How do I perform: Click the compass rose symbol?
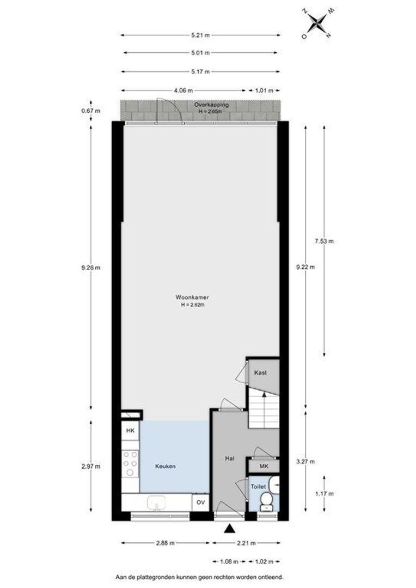coord(317,23)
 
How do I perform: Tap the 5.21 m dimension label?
coord(200,35)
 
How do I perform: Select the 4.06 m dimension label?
coord(183,90)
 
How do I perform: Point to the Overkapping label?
coord(211,105)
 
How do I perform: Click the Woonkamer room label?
coord(192,297)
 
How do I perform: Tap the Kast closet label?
coord(260,373)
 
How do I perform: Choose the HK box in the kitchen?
coord(130,431)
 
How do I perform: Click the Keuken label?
coord(166,467)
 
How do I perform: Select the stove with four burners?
coord(130,463)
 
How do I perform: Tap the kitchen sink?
coord(156,503)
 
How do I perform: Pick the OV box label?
coord(201,502)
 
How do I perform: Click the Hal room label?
coord(230,458)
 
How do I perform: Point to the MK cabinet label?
coord(264,467)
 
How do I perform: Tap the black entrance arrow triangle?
coord(230,529)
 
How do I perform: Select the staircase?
coord(264,408)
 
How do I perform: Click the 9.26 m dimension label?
coord(91,268)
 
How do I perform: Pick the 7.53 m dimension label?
coord(324,241)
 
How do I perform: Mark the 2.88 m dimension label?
coord(166,543)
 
